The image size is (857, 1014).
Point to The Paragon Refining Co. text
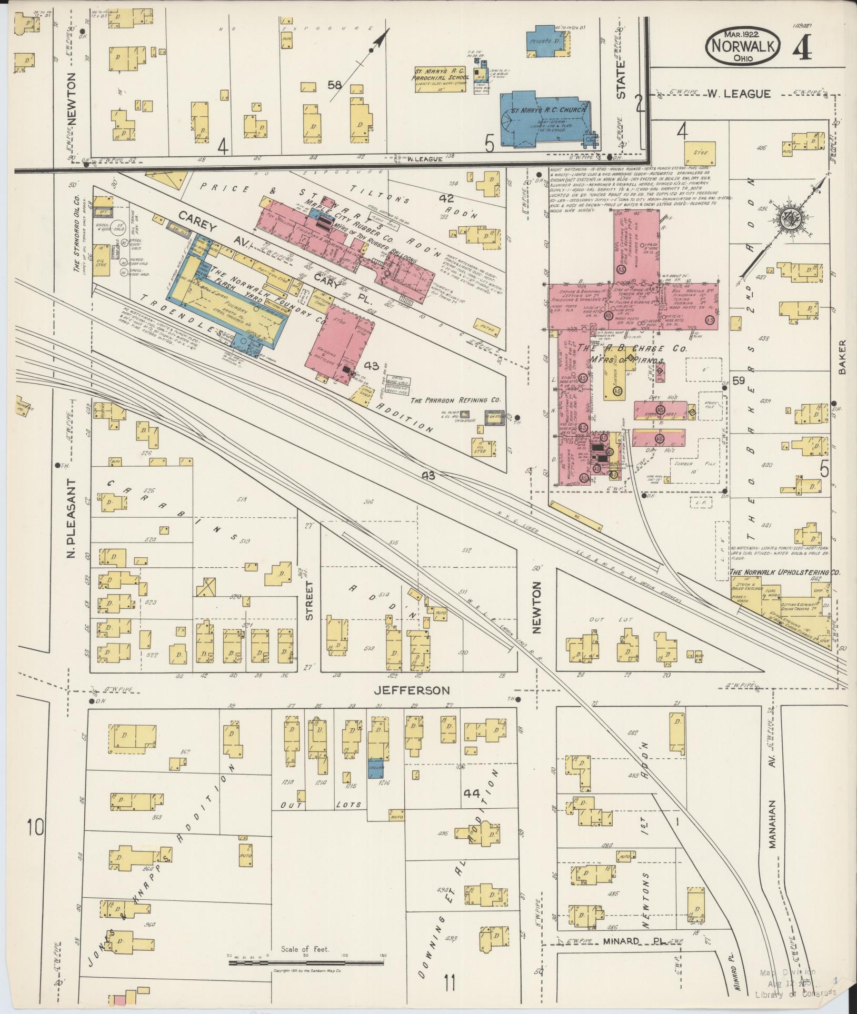tap(455, 400)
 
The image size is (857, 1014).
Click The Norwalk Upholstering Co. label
tap(784, 572)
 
